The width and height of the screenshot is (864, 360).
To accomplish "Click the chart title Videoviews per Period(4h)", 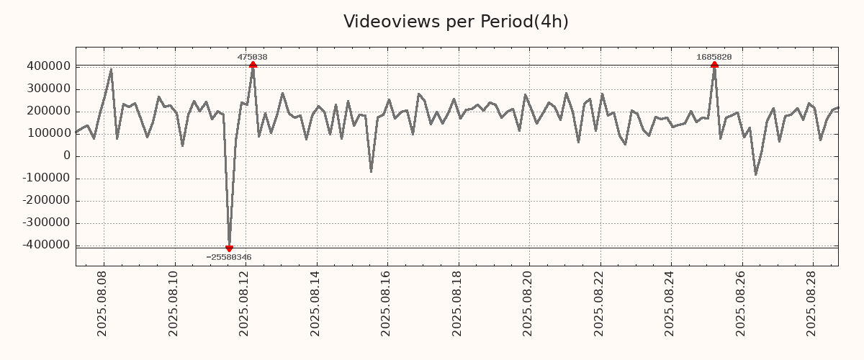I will pos(456,22).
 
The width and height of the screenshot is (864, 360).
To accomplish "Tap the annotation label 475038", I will pos(253,57).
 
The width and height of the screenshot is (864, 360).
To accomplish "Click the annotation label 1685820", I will pos(714,57).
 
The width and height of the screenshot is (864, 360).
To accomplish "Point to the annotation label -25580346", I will pos(229,257).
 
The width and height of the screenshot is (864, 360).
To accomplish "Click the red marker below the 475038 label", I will pos(253,65).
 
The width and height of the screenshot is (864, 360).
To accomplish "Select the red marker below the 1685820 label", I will pos(714,65).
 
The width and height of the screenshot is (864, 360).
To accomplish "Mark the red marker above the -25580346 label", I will pos(229,248).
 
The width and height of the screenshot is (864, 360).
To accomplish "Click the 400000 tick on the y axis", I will pos(48,66).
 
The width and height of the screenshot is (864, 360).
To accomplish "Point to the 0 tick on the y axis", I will pos(67,156).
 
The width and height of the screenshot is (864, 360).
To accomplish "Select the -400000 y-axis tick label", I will pos(45,245).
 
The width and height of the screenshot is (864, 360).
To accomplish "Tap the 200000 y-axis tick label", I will pos(48,111).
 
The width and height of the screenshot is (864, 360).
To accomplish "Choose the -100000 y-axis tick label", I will pos(45,178).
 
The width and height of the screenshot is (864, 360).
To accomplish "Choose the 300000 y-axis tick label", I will pos(48,89).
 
